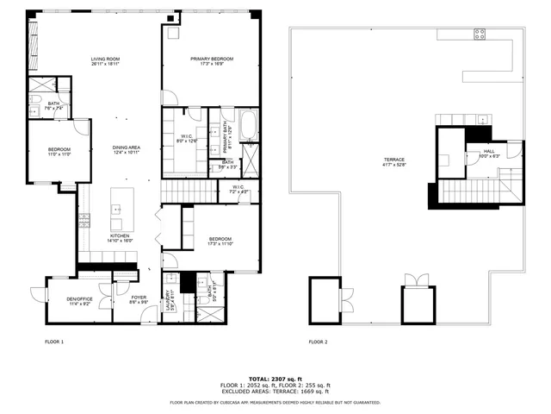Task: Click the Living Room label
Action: (105, 61)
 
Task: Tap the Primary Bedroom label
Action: (212, 61)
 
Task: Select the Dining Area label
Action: (126, 150)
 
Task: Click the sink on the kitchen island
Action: (115, 208)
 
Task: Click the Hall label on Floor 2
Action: (477, 154)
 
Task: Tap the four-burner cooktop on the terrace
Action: (480, 34)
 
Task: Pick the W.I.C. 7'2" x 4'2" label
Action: (238, 189)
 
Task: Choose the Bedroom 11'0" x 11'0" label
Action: (59, 152)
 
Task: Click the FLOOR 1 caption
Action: (54, 342)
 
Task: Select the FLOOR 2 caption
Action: (319, 342)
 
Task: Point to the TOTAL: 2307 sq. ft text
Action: (275, 378)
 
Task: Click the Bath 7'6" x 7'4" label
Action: (53, 106)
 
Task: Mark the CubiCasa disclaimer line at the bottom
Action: (275, 402)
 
